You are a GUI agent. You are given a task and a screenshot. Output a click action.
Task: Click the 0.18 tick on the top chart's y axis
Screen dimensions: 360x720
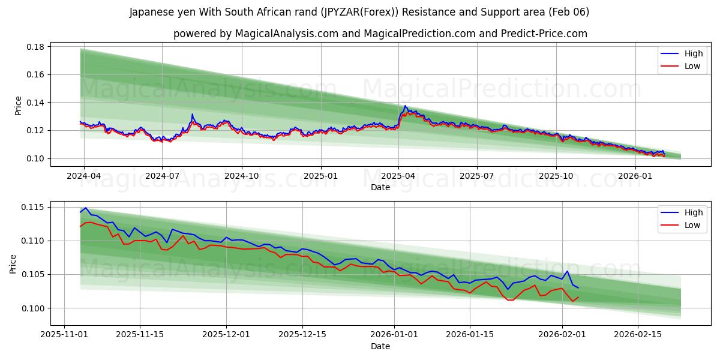[x=37, y=47]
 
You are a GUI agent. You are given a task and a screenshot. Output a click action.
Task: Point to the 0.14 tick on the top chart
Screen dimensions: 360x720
[x=37, y=103]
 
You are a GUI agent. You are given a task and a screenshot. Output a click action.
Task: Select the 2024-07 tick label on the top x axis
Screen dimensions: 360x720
[x=162, y=176]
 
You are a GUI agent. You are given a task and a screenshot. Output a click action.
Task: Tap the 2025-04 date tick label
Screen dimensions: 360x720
[x=398, y=176]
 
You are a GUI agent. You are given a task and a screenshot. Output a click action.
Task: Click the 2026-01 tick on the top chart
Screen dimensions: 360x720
[x=635, y=176]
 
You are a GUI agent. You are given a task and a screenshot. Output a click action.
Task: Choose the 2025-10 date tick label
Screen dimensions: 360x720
[x=556, y=176]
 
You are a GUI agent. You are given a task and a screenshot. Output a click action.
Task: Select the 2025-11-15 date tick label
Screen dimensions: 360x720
[x=140, y=334]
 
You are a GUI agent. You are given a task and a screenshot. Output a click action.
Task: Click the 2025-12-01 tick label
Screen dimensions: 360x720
[x=226, y=334]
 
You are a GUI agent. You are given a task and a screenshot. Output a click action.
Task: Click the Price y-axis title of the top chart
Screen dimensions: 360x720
[x=18, y=106]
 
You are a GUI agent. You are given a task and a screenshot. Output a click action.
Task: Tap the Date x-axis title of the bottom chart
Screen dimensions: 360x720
[x=380, y=346]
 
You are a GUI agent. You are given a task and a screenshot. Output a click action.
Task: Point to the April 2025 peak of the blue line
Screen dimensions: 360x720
[x=405, y=106]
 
